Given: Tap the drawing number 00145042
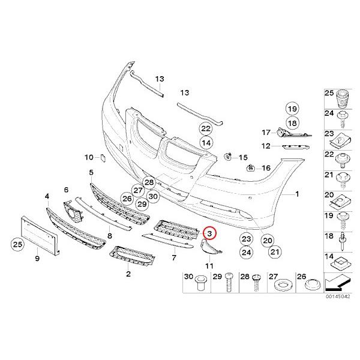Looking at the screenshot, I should [x=338, y=296].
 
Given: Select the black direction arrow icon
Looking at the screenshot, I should [x=338, y=280].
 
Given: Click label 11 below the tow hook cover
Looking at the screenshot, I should [x=209, y=265].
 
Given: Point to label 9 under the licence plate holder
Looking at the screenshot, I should [x=37, y=259].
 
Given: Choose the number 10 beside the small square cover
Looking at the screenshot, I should [x=89, y=158].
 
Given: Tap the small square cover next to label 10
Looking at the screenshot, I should [x=101, y=158].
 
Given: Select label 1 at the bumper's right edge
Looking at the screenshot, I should [x=295, y=195].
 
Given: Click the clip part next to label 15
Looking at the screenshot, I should [x=229, y=157].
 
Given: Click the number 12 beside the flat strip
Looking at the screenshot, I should [x=266, y=146].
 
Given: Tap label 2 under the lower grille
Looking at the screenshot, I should [x=128, y=274].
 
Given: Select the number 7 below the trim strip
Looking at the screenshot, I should [x=174, y=257].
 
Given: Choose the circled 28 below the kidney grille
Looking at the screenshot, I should [x=149, y=182].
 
